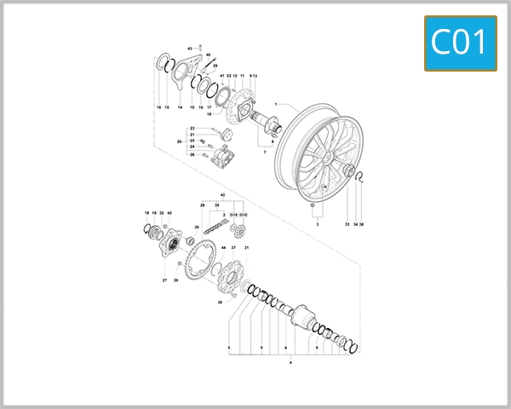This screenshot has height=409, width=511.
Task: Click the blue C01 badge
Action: [460, 41]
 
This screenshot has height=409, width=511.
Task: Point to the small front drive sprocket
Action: [238, 228]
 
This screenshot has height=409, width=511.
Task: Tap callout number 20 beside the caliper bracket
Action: [180, 141]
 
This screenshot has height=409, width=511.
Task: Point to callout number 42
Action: [223, 196]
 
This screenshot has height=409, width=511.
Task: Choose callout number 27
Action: [164, 279]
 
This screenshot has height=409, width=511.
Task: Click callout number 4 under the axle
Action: [291, 363]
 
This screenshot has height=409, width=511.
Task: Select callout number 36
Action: [362, 224]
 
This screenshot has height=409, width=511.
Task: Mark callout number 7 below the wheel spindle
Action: [265, 152]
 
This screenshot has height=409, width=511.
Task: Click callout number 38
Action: [219, 302]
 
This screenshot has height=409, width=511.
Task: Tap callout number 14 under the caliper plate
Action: [180, 108]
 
